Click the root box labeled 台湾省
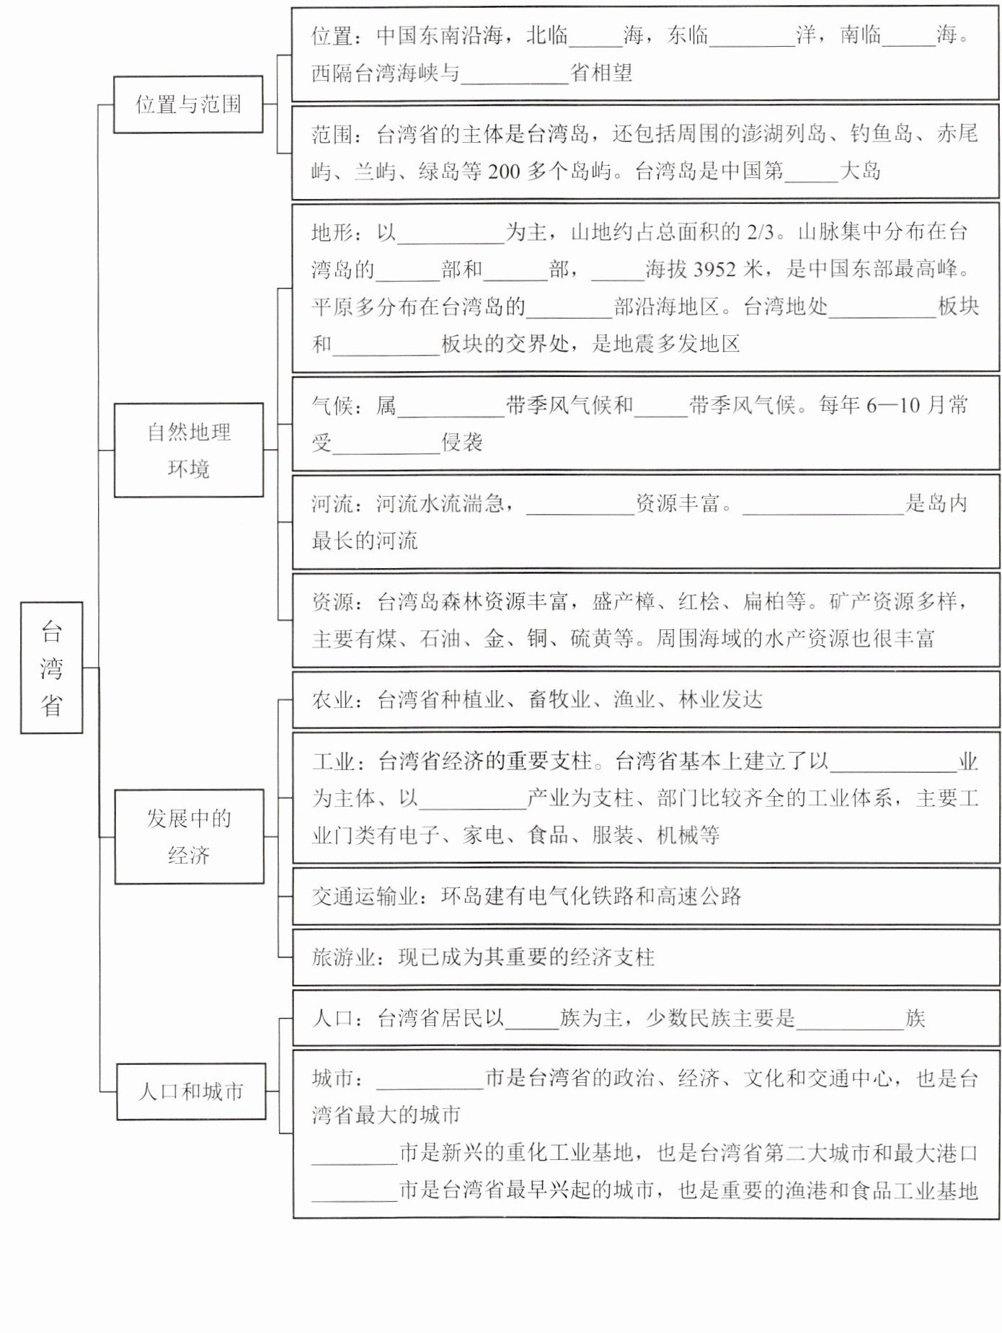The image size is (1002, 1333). point(51,668)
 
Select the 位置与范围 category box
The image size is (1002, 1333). point(188,105)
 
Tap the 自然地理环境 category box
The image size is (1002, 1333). point(189,450)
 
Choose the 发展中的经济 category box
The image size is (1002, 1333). point(189,836)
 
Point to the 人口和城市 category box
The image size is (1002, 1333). point(191,1091)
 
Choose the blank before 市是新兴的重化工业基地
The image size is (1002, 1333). point(355,1154)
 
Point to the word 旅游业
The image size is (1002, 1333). point(343,957)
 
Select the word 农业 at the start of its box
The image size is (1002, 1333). point(332,700)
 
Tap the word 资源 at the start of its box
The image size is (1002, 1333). point(332,601)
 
